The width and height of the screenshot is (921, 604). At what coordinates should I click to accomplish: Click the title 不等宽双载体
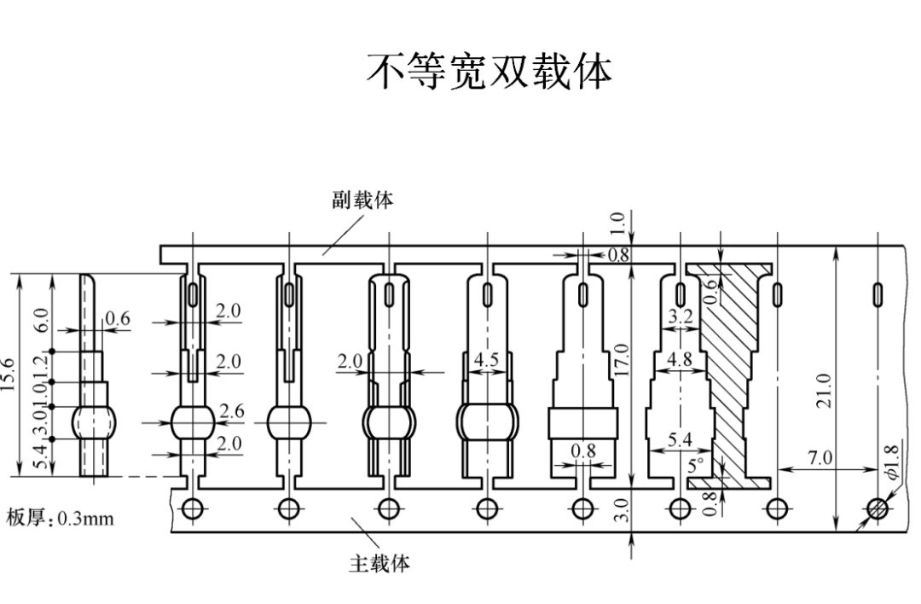tap(489, 72)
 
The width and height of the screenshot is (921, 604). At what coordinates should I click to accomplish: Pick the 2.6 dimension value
tap(231, 411)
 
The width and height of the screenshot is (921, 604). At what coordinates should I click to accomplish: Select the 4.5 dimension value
tap(486, 360)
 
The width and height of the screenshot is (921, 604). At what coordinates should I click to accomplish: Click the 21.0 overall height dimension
tap(824, 390)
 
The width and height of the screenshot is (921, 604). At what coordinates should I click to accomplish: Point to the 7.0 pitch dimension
tap(820, 458)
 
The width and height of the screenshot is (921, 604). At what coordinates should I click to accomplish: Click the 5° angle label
tap(696, 466)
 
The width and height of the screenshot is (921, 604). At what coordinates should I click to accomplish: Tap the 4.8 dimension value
tap(680, 359)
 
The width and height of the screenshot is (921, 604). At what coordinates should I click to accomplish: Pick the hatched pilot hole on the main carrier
tap(877, 509)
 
